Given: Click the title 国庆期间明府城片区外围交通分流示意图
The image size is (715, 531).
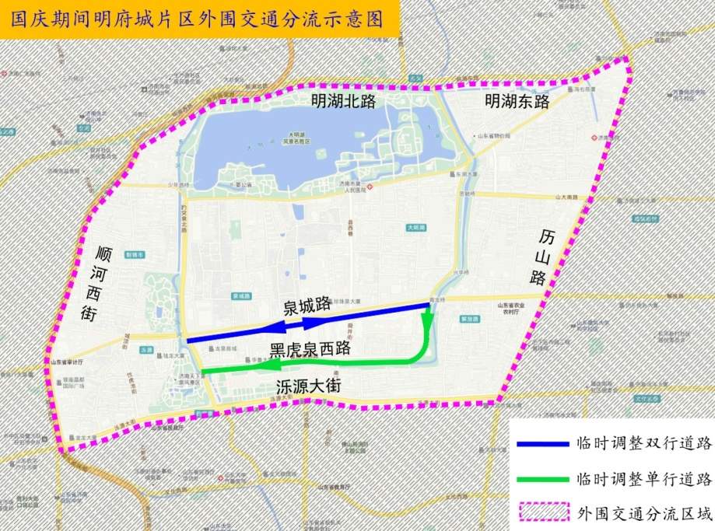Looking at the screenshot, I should pyautogui.click(x=198, y=19).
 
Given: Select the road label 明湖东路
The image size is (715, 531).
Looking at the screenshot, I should pyautogui.click(x=517, y=101).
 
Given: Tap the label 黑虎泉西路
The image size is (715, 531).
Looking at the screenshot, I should pyautogui.click(x=310, y=350).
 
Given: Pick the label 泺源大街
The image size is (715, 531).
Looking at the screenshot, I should pyautogui.click(x=309, y=386).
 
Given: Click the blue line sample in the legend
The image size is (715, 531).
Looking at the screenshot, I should pyautogui.click(x=542, y=445).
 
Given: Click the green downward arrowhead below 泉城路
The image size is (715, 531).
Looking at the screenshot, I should pyautogui.click(x=426, y=320).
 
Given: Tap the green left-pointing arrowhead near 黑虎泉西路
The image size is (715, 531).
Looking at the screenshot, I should pyautogui.click(x=269, y=365).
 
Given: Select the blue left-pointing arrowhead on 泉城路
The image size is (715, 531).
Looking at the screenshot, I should pyautogui.click(x=282, y=326).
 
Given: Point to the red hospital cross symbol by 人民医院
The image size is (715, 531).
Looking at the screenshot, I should pyautogui.click(x=371, y=187).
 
